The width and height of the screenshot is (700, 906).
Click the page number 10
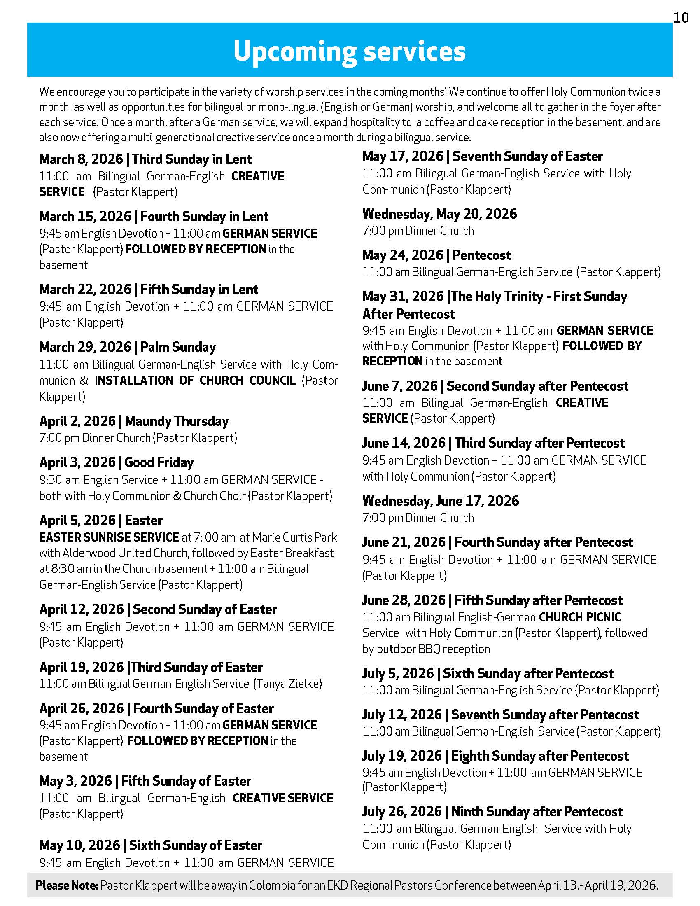(x=681, y=18)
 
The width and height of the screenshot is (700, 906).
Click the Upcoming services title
(x=350, y=51)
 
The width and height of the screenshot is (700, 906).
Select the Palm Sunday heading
(x=127, y=347)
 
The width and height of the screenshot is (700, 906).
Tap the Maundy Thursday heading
(x=134, y=421)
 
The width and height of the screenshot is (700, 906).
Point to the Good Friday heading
(x=117, y=462)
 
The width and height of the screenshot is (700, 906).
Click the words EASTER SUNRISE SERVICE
(x=109, y=537)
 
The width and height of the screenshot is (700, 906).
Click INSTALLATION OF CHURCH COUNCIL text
(x=195, y=381)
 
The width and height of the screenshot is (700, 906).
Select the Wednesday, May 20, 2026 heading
(x=440, y=214)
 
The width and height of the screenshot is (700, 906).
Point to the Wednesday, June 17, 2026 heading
(x=441, y=501)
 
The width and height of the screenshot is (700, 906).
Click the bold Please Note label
(x=67, y=885)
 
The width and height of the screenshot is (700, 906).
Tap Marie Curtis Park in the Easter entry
(x=294, y=537)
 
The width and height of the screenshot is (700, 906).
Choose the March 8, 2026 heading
(x=145, y=159)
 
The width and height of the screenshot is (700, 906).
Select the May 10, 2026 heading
(x=151, y=845)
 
